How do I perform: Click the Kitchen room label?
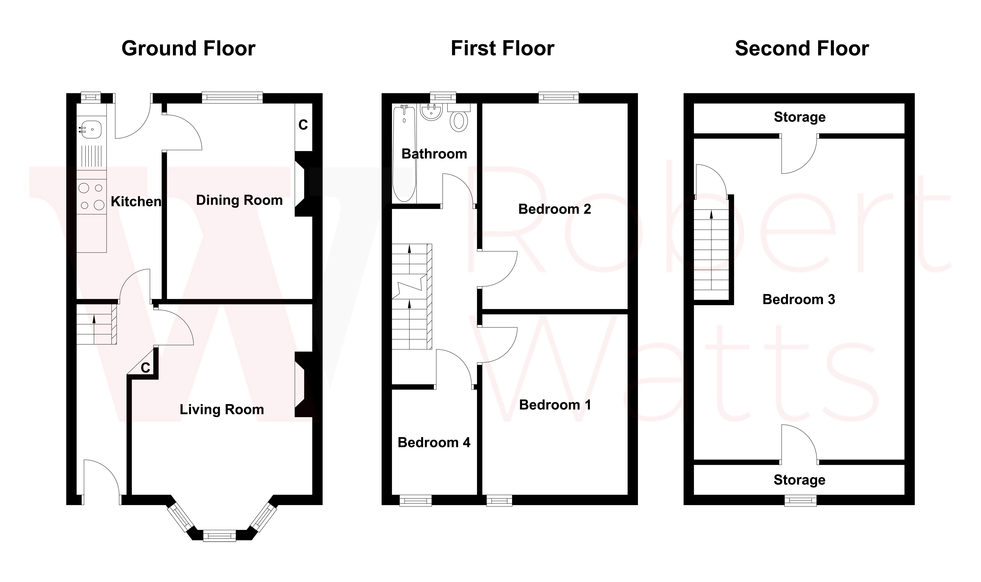coord(136,202)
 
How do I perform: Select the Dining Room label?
coord(239,200)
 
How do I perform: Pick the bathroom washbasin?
coord(431,112)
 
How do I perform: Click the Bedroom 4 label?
coord(434,443)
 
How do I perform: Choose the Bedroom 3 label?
coord(799,300)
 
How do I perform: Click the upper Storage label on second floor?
coord(799,117)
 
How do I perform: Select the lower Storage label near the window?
coord(799,480)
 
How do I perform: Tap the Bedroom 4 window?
coord(415,500)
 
